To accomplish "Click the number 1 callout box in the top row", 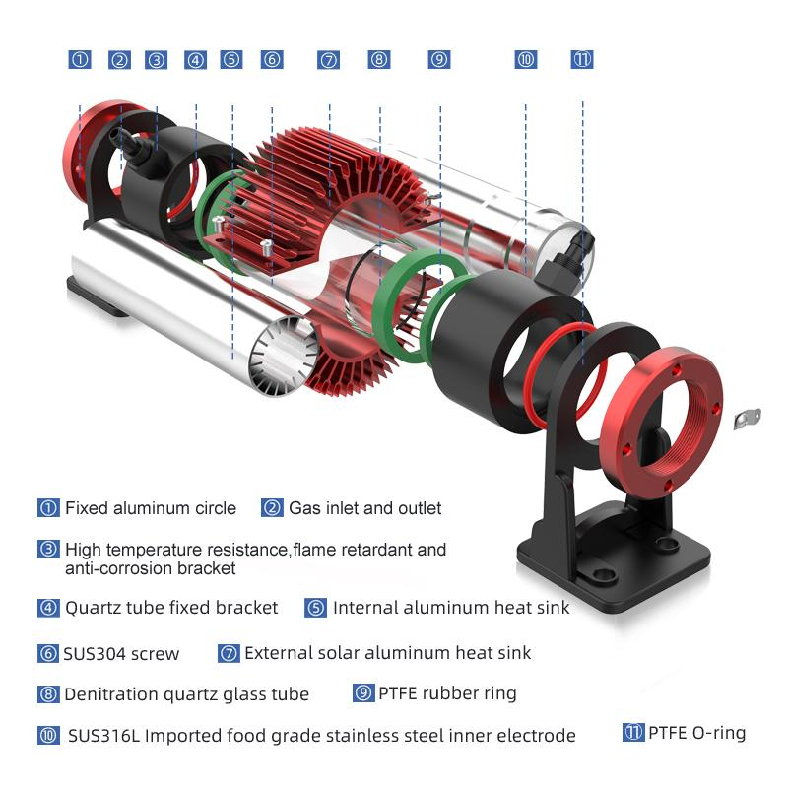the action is (80, 60).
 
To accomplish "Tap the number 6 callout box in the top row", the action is (272, 60).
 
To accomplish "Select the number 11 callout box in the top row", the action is (582, 60).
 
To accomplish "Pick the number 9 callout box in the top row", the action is (439, 60).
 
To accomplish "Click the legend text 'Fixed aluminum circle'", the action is (151, 508).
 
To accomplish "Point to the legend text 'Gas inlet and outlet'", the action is (364, 508).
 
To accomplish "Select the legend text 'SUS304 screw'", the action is (121, 654).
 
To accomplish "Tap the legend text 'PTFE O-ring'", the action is (697, 733).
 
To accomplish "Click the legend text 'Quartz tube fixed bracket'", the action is (171, 608).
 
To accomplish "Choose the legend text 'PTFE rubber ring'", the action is (447, 693).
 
